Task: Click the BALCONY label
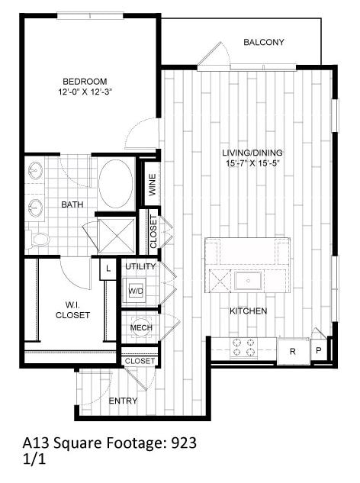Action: click(x=263, y=42)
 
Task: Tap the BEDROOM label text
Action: click(x=84, y=81)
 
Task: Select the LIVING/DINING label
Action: click(x=249, y=152)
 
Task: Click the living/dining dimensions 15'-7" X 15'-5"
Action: click(x=249, y=163)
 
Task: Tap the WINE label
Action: click(x=152, y=186)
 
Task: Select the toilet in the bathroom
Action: click(x=37, y=240)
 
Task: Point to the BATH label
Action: click(x=72, y=204)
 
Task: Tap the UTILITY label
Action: click(x=140, y=266)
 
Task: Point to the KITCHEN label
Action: click(x=249, y=311)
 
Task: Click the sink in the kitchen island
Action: click(x=249, y=282)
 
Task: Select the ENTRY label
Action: click(x=123, y=401)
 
